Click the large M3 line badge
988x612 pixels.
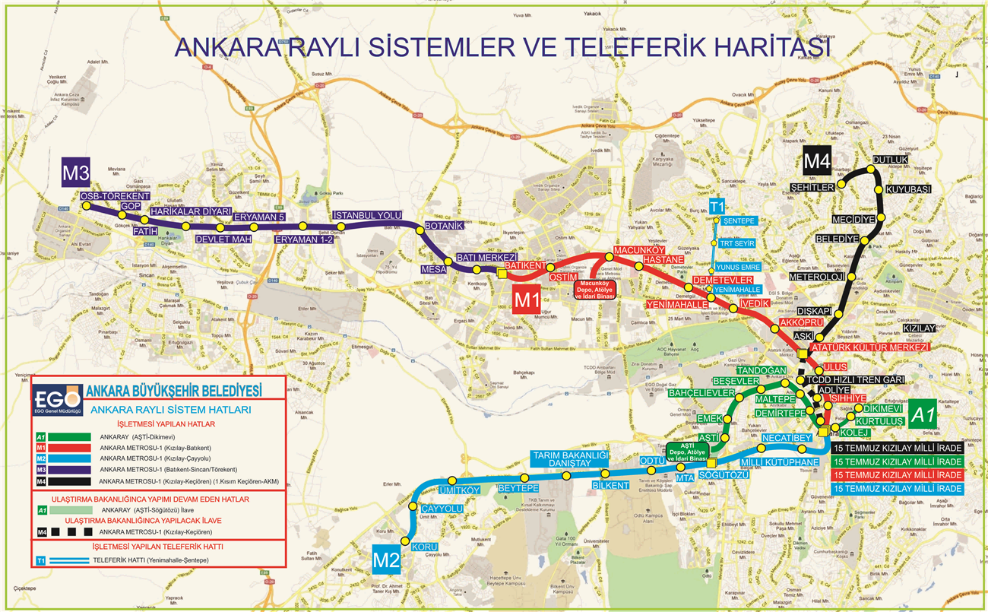click(x=76, y=173)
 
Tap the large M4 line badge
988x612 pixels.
click(x=815, y=162)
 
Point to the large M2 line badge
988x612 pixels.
click(x=386, y=561)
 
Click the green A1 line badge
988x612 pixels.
click(x=922, y=415)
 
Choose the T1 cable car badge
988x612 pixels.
click(x=717, y=208)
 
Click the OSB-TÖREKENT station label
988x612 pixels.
click(x=115, y=196)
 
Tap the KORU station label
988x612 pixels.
click(x=424, y=547)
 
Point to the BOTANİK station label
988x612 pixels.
click(x=443, y=227)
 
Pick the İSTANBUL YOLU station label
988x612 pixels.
click(x=367, y=216)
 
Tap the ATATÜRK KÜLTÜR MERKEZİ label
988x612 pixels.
click(x=870, y=347)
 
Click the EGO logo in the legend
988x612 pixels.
click(x=57, y=399)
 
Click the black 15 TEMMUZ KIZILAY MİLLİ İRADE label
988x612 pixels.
click(x=897, y=448)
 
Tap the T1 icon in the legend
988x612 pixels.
click(x=42, y=561)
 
